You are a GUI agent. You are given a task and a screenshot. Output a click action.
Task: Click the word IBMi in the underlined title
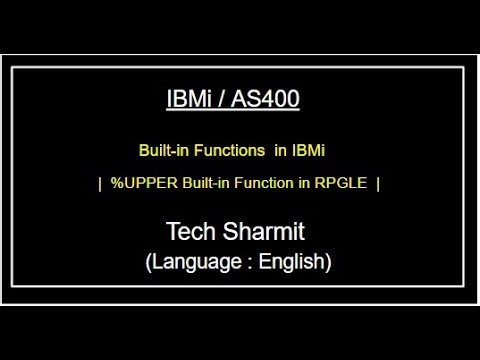pos(191,100)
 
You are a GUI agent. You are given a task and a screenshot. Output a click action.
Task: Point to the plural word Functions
pos(229,151)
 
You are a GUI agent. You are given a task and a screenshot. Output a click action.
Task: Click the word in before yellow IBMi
pos(280,151)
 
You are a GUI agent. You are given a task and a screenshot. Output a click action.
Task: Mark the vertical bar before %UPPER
pos(101,184)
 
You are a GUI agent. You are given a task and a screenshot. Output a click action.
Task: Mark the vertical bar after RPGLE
pos(378,184)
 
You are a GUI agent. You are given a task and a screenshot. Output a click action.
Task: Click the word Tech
pos(190,232)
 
